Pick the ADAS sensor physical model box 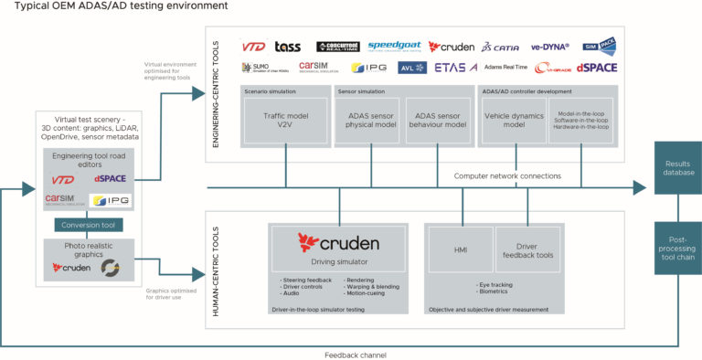click(x=367, y=122)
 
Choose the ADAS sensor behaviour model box click(x=437, y=122)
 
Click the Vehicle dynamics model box click(x=513, y=122)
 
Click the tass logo click(x=287, y=46)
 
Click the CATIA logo click(x=503, y=46)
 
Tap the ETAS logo click(x=455, y=68)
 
